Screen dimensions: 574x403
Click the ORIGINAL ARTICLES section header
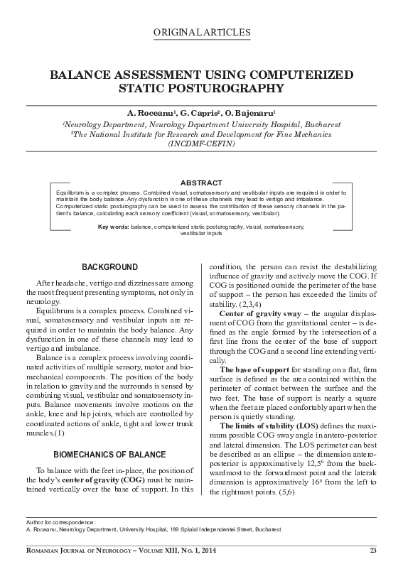201,33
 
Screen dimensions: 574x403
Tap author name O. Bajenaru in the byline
250,114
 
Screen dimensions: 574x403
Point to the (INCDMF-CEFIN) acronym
201,143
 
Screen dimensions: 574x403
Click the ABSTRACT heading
201,183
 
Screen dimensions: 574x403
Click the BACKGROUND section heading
109,267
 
